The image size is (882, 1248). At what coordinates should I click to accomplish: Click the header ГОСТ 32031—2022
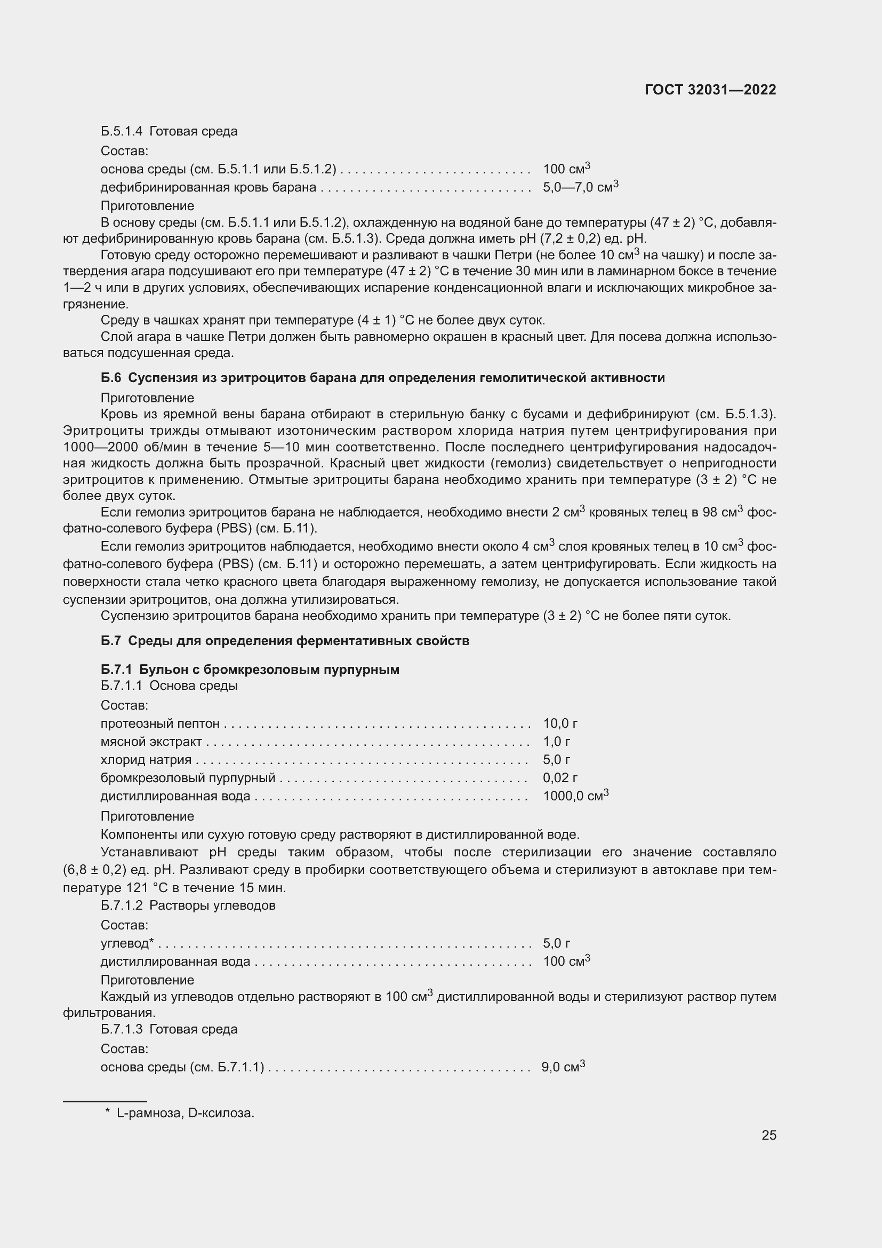[x=710, y=90]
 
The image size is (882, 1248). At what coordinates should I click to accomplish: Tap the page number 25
[x=768, y=1135]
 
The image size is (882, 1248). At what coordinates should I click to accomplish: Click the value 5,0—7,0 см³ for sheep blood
[x=580, y=187]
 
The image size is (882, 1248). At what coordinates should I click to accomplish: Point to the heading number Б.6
[x=111, y=378]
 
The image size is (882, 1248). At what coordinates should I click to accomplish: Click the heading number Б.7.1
[x=116, y=670]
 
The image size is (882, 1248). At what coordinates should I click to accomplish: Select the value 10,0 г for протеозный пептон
[x=559, y=724]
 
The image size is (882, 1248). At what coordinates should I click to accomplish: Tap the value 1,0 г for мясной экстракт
[x=556, y=742]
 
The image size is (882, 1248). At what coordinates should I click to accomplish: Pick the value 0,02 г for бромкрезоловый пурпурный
[x=559, y=778]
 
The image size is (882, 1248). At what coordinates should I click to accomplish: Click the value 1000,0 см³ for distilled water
[x=575, y=796]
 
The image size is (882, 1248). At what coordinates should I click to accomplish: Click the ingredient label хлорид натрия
[x=146, y=760]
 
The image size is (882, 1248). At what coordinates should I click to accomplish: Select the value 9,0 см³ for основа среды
[x=563, y=1067]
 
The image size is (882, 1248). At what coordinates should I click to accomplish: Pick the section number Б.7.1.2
[x=121, y=905]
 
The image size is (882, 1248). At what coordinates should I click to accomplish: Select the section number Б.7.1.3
[x=121, y=1029]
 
